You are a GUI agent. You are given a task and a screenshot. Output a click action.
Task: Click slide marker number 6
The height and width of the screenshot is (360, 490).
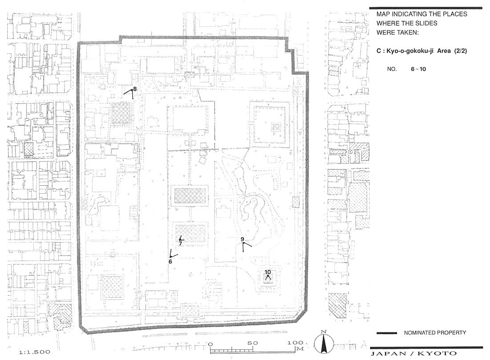pos(170,261)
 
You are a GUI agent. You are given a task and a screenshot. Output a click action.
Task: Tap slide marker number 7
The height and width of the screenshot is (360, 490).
pos(181,244)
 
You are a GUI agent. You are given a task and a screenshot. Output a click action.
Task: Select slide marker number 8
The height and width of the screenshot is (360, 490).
pos(135,89)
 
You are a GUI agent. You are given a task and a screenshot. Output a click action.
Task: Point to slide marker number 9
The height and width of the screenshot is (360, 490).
pos(242,239)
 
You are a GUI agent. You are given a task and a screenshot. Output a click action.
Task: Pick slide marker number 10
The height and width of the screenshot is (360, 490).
pos(268,272)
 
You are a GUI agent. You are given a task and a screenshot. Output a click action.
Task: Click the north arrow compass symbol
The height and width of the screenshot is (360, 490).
pos(324,344)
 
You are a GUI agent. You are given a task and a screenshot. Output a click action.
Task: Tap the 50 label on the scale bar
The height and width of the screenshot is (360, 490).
pos(253,343)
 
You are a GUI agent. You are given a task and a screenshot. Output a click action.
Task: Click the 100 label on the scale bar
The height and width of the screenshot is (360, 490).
pos(295,343)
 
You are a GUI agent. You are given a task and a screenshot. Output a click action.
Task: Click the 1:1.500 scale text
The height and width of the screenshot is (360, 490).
pos(35,352)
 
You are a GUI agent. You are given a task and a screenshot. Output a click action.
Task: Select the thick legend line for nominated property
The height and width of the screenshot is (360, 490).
pos(386,333)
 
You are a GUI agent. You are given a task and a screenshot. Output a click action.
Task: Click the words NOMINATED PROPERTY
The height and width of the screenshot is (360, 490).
pos(435,333)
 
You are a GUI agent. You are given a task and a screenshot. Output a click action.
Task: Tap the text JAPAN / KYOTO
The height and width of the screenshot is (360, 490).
pos(414,353)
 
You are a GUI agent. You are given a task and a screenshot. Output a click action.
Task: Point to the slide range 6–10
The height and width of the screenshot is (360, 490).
pos(418,69)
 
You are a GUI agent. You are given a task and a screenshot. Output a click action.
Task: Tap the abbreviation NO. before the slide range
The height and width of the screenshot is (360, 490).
pos(392,69)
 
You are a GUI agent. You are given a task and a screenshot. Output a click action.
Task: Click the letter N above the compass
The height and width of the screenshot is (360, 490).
pos(324,332)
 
